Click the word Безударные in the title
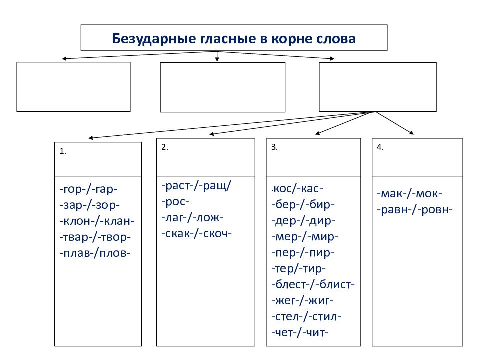coord(154,39)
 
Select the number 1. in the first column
coord(63,151)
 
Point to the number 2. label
coord(165,147)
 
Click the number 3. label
coord(274,147)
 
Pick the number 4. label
coord(380,147)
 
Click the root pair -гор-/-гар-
coord(89,190)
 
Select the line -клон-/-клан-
coord(97,221)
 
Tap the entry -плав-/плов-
coord(95,253)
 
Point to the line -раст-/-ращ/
coord(197,186)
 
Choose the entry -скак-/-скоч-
coord(197,234)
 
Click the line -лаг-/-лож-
coord(192,218)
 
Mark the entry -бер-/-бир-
coord(303,204)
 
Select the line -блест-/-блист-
coord(313,284)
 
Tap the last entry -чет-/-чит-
coord(300,333)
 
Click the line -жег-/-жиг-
coord(302,301)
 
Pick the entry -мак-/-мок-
coord(410,194)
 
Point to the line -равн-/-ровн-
coord(415,210)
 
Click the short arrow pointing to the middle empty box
coord(217,56)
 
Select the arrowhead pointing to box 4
coord(411,132)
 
